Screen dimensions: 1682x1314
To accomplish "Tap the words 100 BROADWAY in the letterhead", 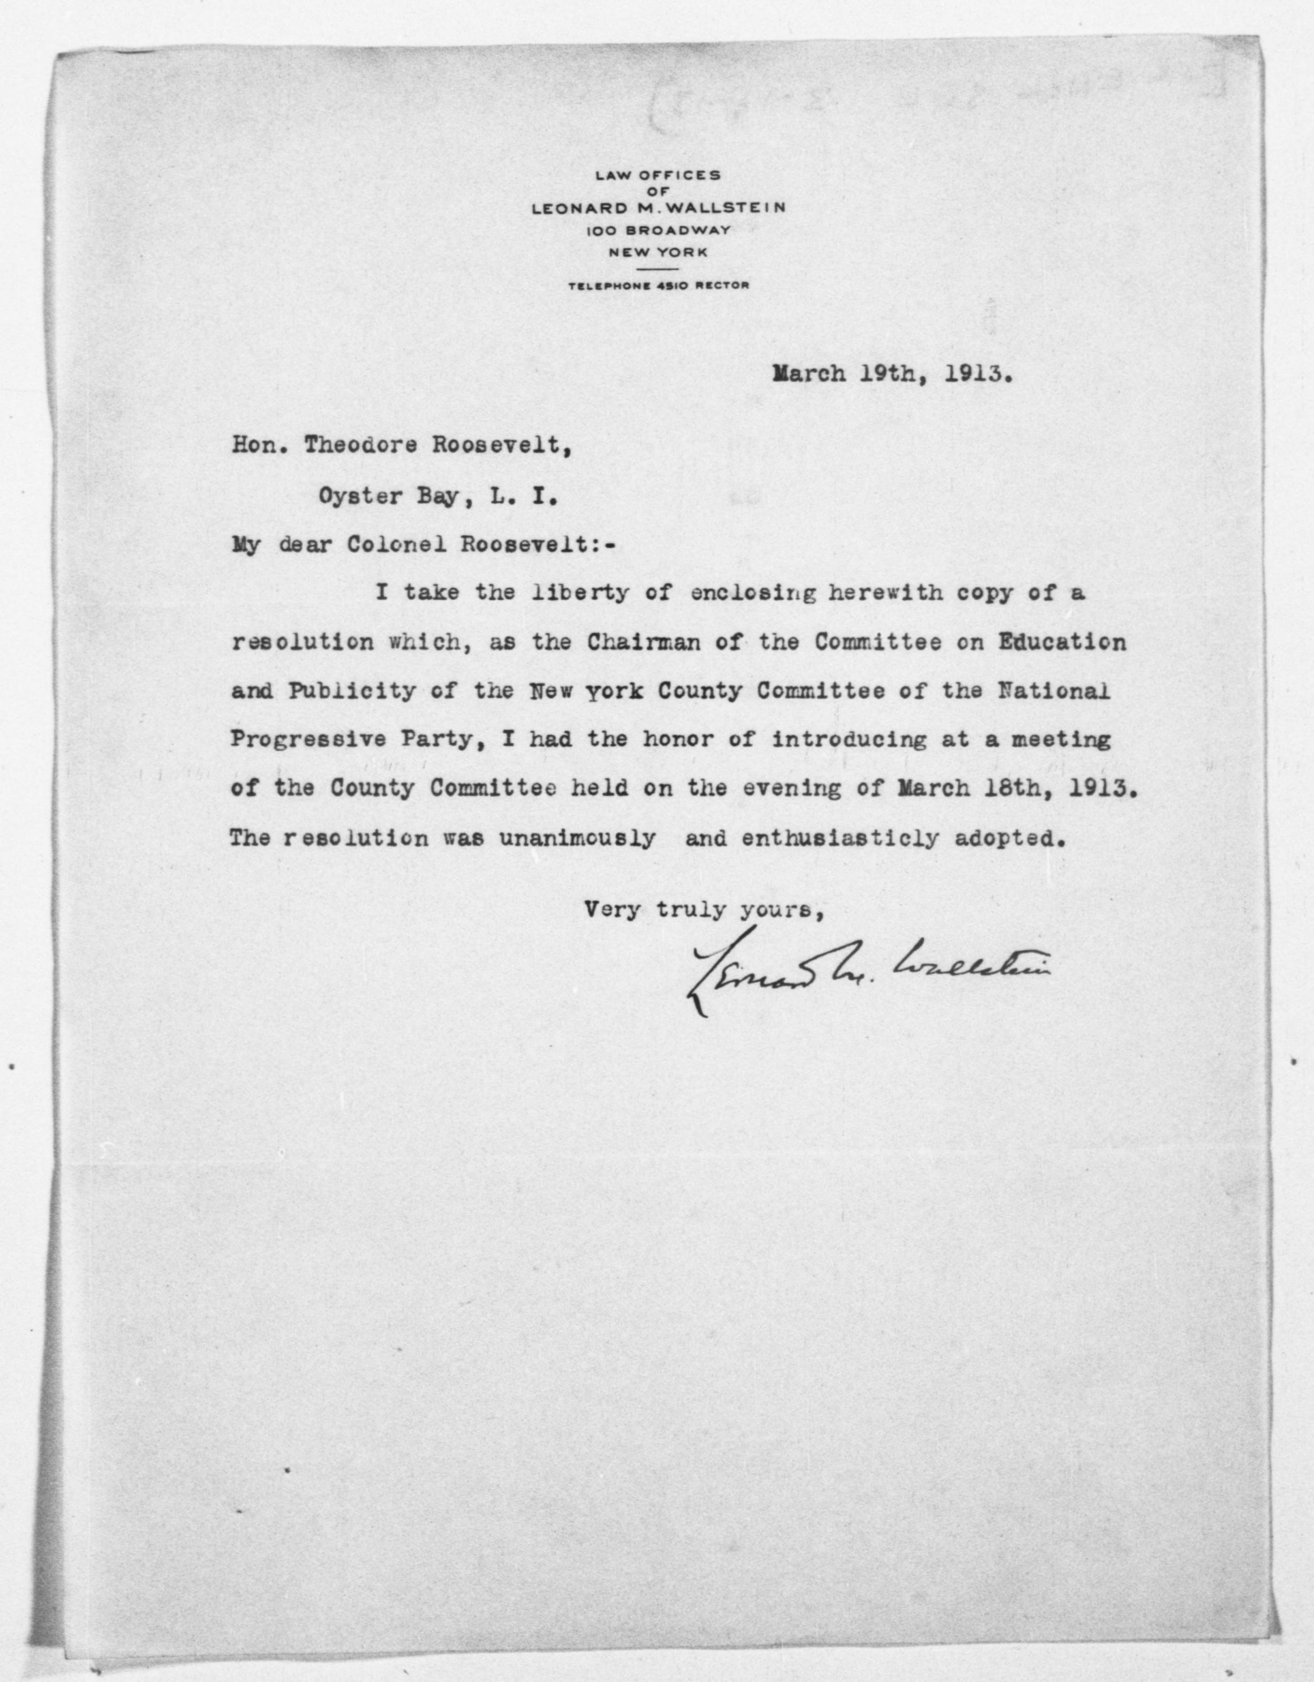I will point(659,230).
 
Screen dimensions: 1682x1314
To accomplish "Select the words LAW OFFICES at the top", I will point(659,175).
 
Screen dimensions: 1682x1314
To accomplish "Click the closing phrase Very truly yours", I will point(705,910).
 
